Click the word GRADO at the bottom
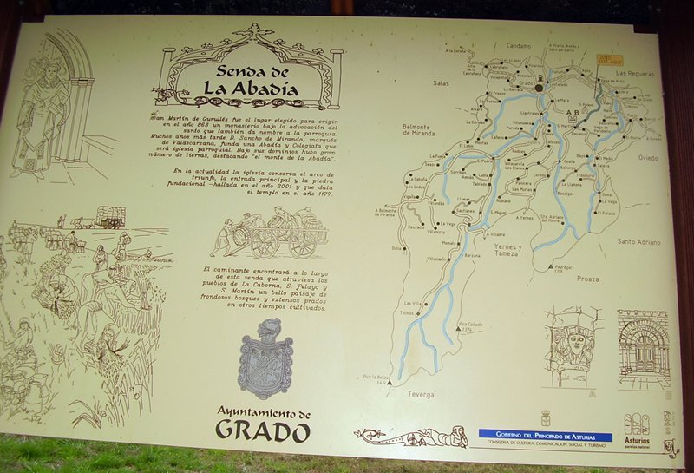coord(262,429)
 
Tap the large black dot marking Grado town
coord(539,88)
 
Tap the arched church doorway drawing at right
coord(643,351)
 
